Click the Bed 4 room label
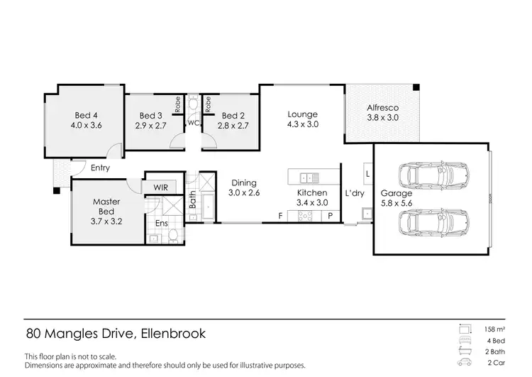click(86, 115)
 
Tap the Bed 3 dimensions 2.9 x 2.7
click(150, 126)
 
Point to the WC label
click(193, 122)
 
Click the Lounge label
click(302, 114)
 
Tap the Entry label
click(100, 168)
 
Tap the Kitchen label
click(311, 192)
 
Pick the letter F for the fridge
click(281, 215)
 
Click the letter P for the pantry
click(331, 215)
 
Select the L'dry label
click(355, 193)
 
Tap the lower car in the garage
click(434, 222)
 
